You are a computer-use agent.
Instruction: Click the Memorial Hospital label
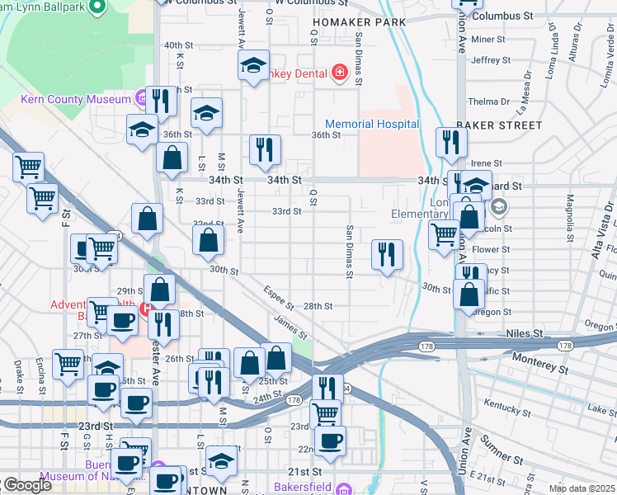372,124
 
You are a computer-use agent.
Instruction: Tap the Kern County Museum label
76,100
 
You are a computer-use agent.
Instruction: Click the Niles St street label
525,333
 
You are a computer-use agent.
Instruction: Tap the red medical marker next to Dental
338,73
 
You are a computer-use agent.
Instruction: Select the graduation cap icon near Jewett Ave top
254,66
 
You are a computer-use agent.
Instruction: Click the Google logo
26,485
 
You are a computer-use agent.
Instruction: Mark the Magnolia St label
569,214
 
